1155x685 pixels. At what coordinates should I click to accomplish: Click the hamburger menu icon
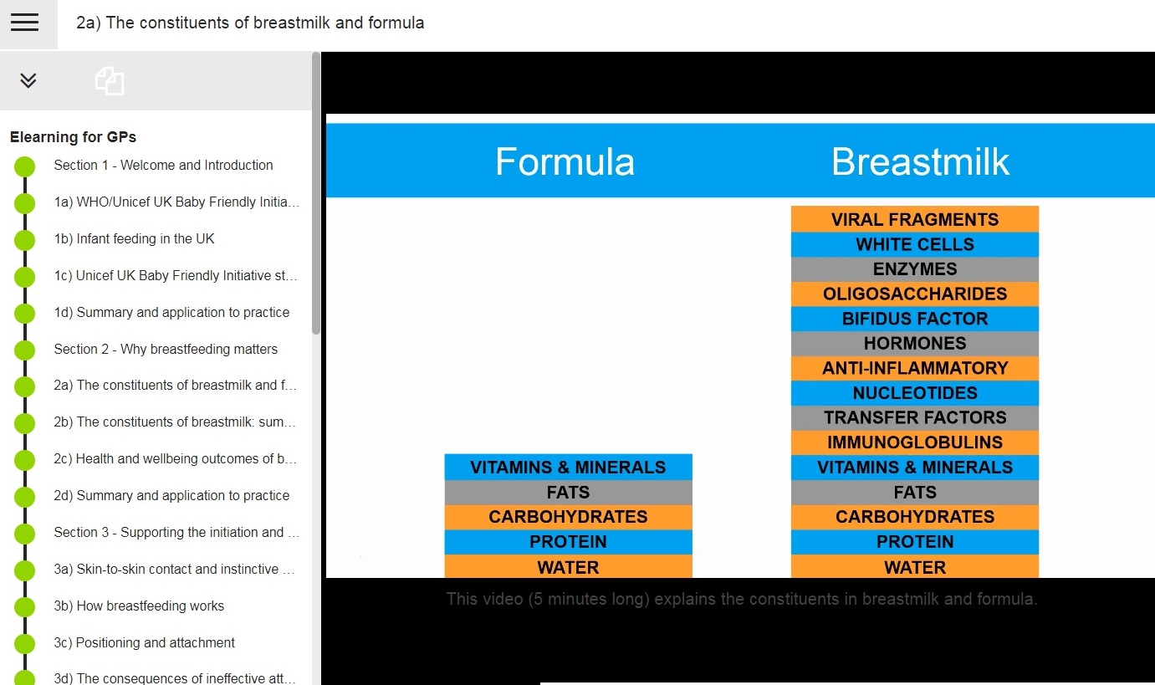click(x=24, y=23)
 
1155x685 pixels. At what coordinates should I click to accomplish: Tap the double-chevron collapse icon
click(x=28, y=80)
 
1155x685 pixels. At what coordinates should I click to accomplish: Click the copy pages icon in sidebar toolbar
click(x=110, y=81)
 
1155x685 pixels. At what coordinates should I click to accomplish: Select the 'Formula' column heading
click(x=565, y=161)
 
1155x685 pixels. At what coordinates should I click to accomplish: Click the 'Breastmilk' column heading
click(x=920, y=161)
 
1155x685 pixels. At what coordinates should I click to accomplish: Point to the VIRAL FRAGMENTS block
click(x=915, y=219)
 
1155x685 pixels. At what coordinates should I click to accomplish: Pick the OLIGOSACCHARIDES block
click(x=915, y=294)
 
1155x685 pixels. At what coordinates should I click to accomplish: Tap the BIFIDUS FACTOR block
click(x=915, y=319)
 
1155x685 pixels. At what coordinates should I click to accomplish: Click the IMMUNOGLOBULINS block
click(x=915, y=442)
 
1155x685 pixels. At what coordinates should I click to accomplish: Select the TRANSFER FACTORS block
click(x=915, y=418)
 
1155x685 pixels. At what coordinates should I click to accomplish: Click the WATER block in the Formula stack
click(x=568, y=566)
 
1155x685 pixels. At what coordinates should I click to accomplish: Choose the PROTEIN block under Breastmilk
click(x=915, y=542)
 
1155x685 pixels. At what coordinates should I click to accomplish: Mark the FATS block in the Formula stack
click(x=568, y=493)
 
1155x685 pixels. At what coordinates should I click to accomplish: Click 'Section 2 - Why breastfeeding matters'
click(x=166, y=350)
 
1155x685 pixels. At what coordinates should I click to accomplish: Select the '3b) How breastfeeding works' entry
click(x=139, y=606)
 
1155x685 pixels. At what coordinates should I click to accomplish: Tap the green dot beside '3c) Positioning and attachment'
click(x=24, y=644)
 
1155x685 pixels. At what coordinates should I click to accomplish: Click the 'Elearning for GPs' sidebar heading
click(x=74, y=137)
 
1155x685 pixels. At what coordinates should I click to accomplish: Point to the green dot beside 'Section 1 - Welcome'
click(x=24, y=166)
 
